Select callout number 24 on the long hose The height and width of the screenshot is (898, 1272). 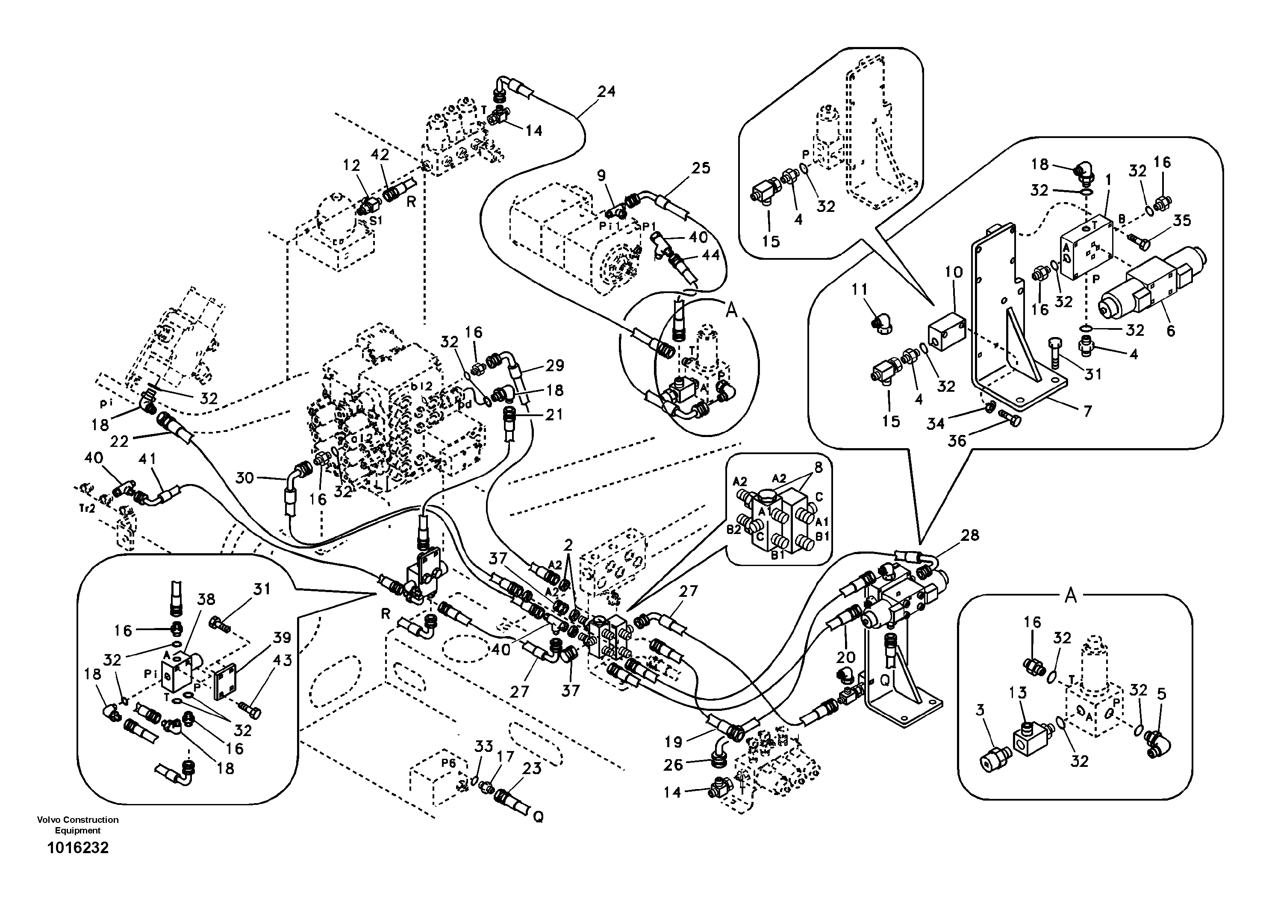click(606, 91)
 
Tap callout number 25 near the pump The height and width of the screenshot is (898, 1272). click(701, 168)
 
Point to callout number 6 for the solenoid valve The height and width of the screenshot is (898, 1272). click(1170, 331)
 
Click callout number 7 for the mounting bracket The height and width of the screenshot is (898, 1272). click(1087, 411)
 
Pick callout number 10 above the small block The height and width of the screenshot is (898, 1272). click(954, 272)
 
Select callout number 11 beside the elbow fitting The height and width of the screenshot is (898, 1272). click(859, 290)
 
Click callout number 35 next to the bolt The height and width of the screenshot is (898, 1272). click(1182, 220)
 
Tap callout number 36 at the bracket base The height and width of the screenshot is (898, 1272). click(957, 441)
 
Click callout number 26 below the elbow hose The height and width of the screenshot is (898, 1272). click(673, 765)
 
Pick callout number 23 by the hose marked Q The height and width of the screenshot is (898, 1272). click(532, 769)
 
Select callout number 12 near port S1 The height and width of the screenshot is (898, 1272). click(351, 165)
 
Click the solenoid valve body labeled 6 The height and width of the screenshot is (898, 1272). click(1141, 282)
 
